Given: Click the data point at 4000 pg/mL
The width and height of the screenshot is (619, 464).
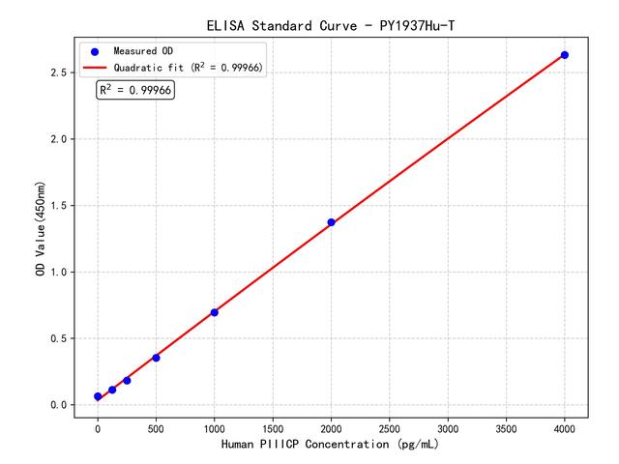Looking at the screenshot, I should (565, 55).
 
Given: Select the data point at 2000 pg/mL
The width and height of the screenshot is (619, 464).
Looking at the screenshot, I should (331, 222).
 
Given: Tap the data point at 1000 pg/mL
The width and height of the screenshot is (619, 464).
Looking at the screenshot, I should (214, 312).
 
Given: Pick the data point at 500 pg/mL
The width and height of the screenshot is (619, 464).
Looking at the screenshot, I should (156, 358).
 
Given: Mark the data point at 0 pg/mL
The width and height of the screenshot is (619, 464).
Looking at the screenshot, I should (98, 396).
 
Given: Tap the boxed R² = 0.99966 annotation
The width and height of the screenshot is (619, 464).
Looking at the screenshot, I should (134, 90).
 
